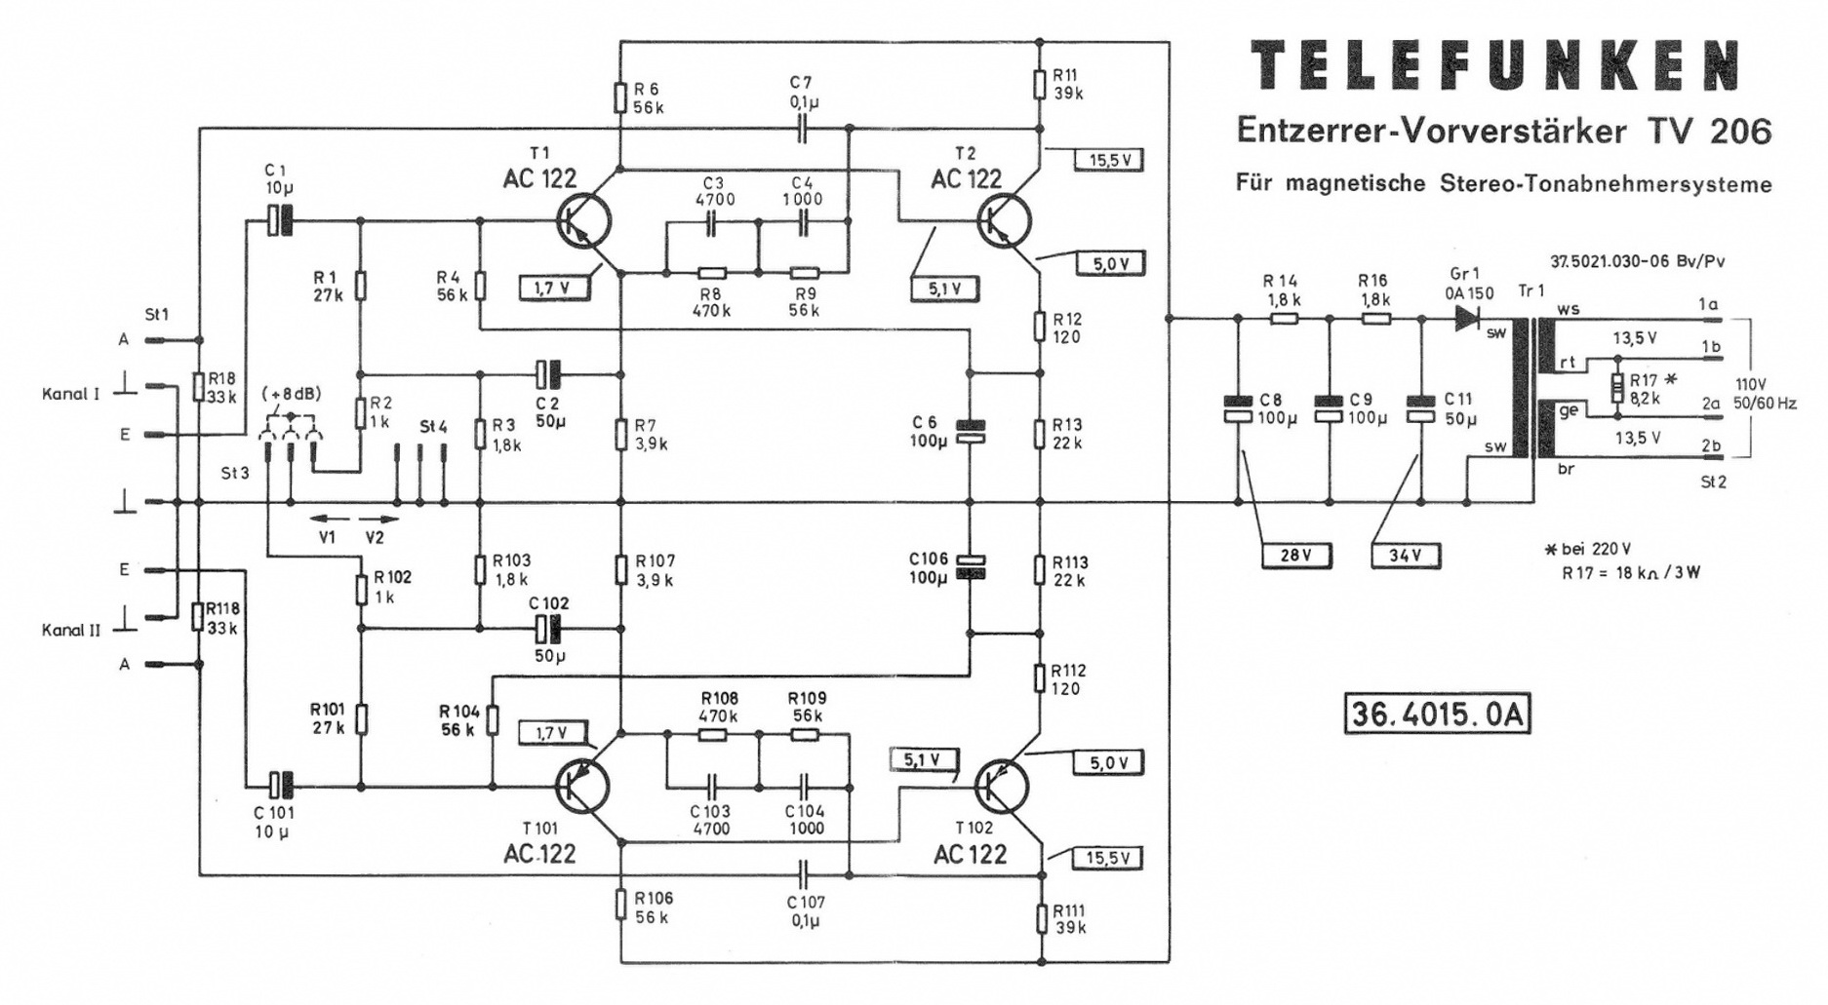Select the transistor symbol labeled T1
click(x=584, y=222)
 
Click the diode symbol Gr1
click(x=1466, y=318)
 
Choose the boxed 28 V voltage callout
click(x=1295, y=556)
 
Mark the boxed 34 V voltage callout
click(x=1406, y=556)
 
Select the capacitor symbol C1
click(x=280, y=221)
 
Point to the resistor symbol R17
click(x=1618, y=389)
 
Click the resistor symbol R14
click(x=1285, y=318)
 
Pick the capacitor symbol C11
click(x=1420, y=409)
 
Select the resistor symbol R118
click(x=199, y=617)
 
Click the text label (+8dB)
click(x=291, y=394)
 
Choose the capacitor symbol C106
click(x=970, y=566)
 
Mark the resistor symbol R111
click(x=1041, y=918)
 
